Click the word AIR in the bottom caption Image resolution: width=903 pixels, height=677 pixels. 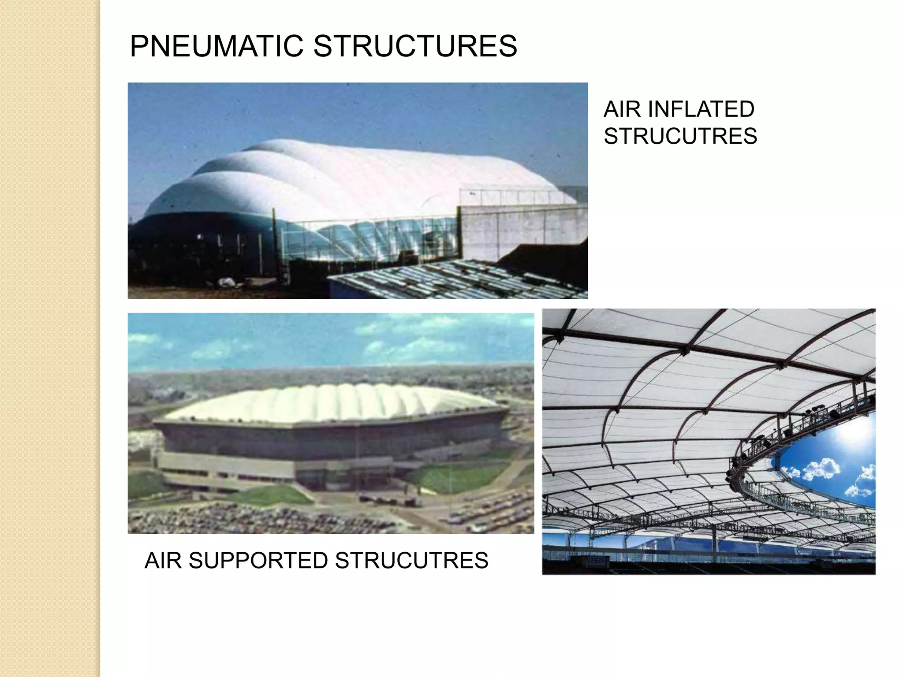[163, 561]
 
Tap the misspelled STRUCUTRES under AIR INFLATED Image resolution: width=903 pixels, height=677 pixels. [680, 136]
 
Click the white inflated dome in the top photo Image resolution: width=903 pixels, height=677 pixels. [353, 176]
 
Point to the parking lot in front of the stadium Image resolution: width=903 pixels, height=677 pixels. [265, 518]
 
